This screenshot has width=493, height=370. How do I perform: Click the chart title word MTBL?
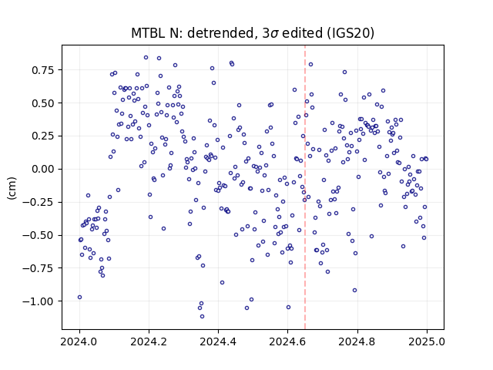[x=147, y=33]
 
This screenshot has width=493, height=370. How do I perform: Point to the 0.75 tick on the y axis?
[x=43, y=70]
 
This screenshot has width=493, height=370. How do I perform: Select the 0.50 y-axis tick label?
[x=43, y=103]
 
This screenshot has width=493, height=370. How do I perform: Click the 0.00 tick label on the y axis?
[x=43, y=169]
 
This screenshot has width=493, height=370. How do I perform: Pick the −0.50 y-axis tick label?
[x=39, y=235]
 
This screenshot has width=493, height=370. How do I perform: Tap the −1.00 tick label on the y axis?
[x=39, y=301]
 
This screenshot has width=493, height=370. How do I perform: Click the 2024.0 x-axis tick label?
[x=79, y=341]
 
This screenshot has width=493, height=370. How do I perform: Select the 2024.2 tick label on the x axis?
[x=149, y=341]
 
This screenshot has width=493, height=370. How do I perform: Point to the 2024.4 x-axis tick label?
[x=218, y=341]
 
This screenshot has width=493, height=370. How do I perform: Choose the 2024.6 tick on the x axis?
[x=287, y=341]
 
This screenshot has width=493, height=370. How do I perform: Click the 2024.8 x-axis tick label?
[x=357, y=341]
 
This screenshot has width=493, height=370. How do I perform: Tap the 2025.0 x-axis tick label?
[x=427, y=341]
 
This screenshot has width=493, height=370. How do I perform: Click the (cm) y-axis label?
[x=12, y=188]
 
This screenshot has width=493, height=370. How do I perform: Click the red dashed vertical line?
[x=305, y=187]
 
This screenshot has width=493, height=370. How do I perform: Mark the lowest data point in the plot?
[x=202, y=316]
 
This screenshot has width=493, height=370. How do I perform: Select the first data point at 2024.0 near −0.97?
[x=79, y=297]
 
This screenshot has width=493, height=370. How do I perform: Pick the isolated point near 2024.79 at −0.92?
[x=354, y=290]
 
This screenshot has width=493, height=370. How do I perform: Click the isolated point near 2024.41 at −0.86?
[x=222, y=283]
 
